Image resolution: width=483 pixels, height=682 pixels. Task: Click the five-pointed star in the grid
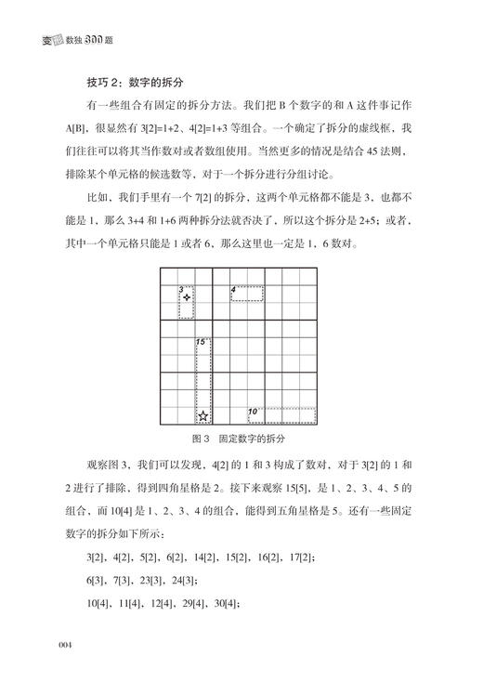[x=203, y=415]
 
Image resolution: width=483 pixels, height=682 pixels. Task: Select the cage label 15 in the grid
[x=200, y=343]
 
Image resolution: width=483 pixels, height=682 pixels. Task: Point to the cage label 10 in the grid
[x=252, y=411]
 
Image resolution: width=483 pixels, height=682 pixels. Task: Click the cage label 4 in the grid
[x=233, y=290]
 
